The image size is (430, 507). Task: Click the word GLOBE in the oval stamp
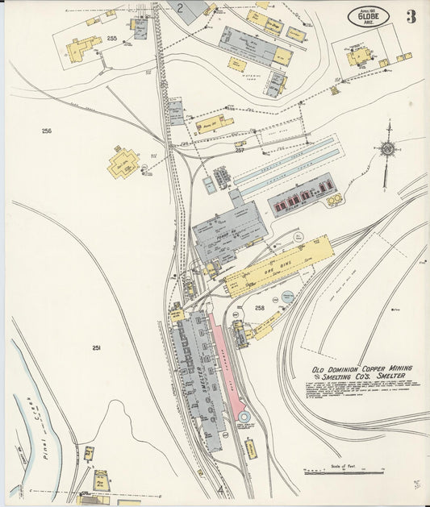click(369, 16)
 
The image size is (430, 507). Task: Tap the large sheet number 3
click(411, 17)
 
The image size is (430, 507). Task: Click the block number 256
click(47, 131)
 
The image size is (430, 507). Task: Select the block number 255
click(111, 38)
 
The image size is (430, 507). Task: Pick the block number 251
click(96, 348)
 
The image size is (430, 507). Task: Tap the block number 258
click(259, 308)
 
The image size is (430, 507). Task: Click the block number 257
click(240, 150)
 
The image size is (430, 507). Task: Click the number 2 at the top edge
click(182, 9)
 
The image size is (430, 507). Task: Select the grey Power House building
click(226, 230)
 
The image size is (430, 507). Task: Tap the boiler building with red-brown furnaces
click(301, 199)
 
